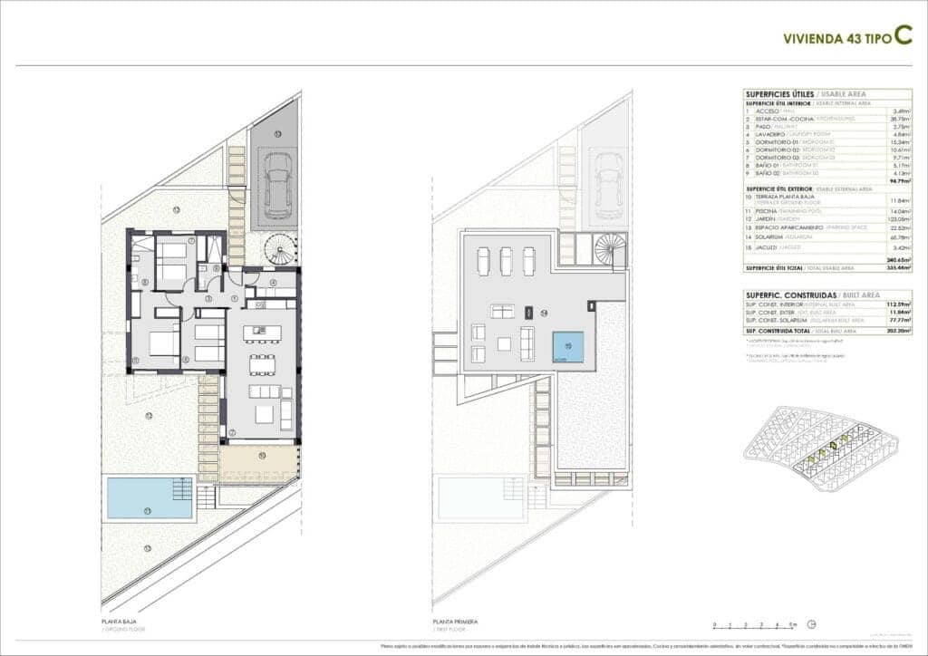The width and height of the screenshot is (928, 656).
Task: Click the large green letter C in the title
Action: point(902,35)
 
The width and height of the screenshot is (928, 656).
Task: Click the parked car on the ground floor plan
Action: point(276,185)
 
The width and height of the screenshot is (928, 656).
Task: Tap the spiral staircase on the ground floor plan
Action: point(279,248)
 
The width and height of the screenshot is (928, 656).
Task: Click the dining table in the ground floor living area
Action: point(263,363)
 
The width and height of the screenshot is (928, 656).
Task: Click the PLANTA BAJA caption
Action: point(120,621)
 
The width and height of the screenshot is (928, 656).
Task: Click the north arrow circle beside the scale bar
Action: point(812,624)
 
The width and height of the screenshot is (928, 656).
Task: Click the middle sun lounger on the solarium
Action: point(506,260)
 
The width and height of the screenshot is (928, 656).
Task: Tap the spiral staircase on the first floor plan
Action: point(609,249)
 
